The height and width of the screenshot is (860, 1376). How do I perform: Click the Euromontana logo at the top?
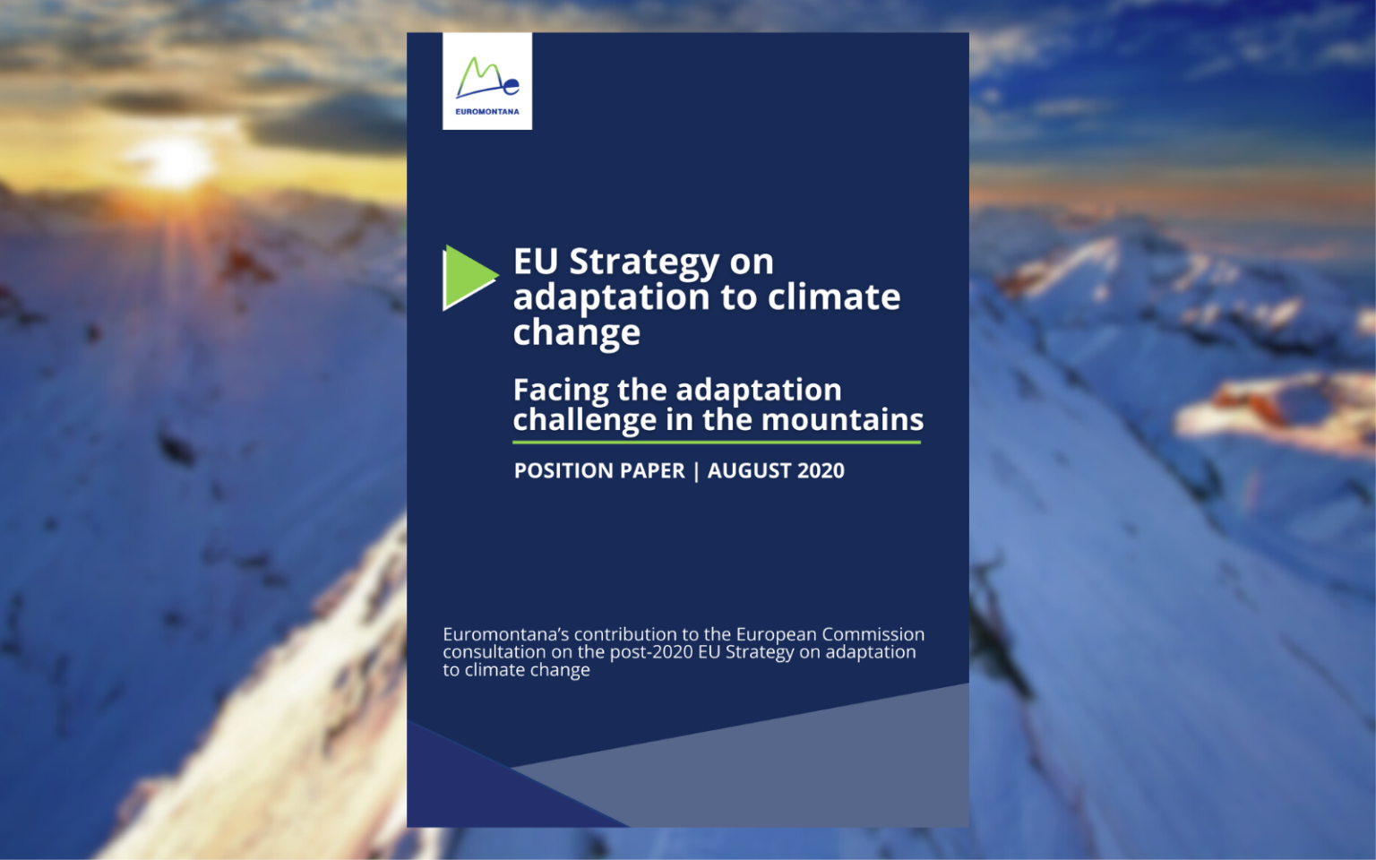[x=486, y=80]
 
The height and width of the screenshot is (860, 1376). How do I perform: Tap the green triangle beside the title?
[x=467, y=277]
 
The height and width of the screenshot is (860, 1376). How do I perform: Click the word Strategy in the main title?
[x=644, y=262]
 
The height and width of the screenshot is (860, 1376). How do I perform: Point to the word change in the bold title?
[x=576, y=333]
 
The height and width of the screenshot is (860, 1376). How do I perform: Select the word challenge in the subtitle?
[x=584, y=420]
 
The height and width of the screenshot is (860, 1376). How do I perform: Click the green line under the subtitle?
[x=717, y=442]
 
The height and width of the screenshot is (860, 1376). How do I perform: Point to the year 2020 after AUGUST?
[x=821, y=471]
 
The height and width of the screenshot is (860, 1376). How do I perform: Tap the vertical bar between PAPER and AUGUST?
[x=696, y=471]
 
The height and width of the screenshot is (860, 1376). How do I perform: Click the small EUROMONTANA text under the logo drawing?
[x=486, y=112]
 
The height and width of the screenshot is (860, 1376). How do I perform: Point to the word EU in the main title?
[x=535, y=262]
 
